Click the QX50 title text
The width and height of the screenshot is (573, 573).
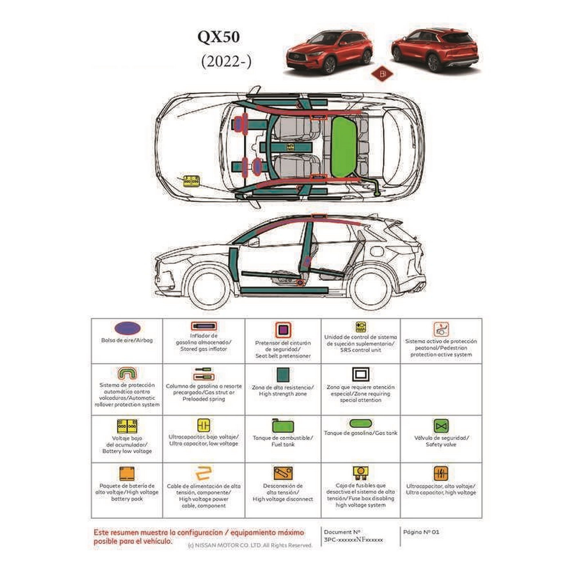click(x=219, y=37)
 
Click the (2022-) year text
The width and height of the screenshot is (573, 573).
click(x=226, y=62)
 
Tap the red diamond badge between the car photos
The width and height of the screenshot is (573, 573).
click(x=382, y=74)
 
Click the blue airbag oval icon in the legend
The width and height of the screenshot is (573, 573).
click(x=127, y=329)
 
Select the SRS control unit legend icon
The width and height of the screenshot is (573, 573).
click(x=361, y=327)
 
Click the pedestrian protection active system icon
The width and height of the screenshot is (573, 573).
click(x=441, y=329)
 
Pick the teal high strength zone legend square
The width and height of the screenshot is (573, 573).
click(x=283, y=374)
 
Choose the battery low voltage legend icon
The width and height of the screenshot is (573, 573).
click(x=127, y=426)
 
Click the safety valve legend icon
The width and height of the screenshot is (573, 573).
click(x=441, y=426)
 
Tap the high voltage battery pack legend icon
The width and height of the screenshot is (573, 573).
click(x=127, y=474)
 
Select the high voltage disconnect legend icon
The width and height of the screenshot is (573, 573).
click(x=283, y=473)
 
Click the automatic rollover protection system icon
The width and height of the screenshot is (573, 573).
click(x=127, y=373)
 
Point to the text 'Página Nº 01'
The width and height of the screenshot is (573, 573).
click(x=421, y=532)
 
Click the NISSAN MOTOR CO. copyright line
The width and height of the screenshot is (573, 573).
click(x=250, y=545)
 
